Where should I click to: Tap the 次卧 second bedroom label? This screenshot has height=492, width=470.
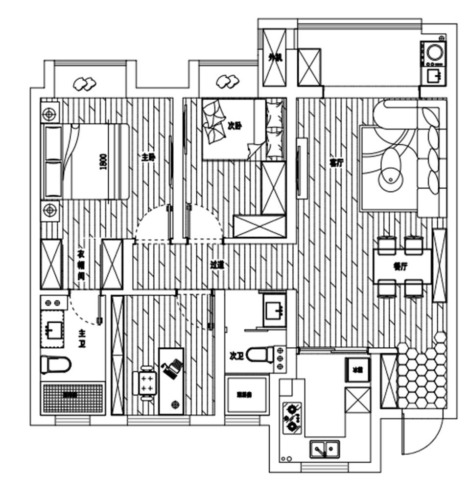235,125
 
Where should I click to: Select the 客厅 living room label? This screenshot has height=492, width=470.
335,163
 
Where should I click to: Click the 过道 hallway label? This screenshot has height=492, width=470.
217,265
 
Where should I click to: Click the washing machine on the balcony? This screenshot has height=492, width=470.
434,51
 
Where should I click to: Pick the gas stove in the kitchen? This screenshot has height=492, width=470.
292,417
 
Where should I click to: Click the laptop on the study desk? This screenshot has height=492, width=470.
171,368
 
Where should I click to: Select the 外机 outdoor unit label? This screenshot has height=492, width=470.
275,58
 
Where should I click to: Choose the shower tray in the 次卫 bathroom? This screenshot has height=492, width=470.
246,394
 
